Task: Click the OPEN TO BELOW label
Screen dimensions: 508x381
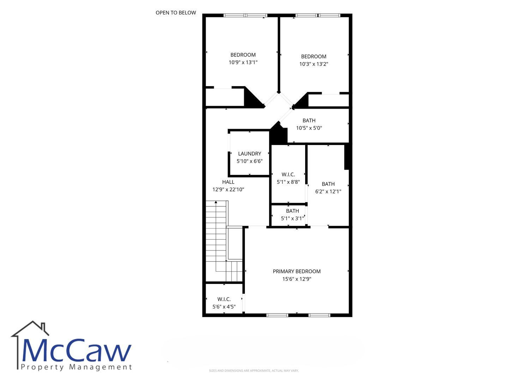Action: [176, 13]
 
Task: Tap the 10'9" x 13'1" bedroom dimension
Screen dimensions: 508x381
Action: [243, 62]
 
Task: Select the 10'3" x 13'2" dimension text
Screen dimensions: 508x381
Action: [314, 64]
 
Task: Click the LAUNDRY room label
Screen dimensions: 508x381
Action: [249, 153]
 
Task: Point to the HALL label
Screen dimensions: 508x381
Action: [228, 182]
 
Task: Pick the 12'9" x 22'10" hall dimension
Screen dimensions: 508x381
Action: [228, 189]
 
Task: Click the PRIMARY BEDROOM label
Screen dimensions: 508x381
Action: [297, 271]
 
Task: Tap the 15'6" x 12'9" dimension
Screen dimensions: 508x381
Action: [297, 279]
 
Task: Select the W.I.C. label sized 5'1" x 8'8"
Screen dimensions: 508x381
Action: [288, 174]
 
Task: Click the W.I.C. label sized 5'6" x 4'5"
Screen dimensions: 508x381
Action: [224, 299]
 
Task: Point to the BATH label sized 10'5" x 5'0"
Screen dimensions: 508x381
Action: [309, 121]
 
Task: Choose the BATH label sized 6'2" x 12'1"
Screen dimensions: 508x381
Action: [328, 184]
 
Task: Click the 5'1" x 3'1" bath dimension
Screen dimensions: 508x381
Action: [292, 218]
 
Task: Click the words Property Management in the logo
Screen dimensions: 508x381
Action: [76, 367]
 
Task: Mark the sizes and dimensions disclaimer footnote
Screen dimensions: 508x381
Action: [254, 370]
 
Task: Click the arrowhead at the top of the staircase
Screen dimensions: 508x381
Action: [216, 202]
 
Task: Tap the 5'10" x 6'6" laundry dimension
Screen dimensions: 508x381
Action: [249, 161]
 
